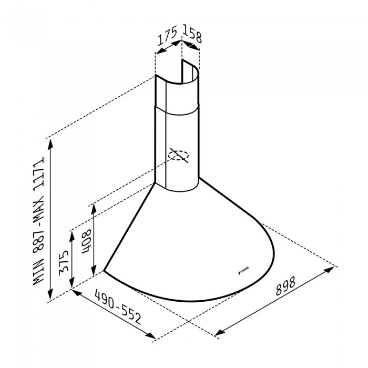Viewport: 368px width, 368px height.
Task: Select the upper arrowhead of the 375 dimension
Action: click(73, 230)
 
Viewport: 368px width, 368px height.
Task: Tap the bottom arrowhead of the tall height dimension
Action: click(50, 298)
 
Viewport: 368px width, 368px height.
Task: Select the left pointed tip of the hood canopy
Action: click(104, 271)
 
